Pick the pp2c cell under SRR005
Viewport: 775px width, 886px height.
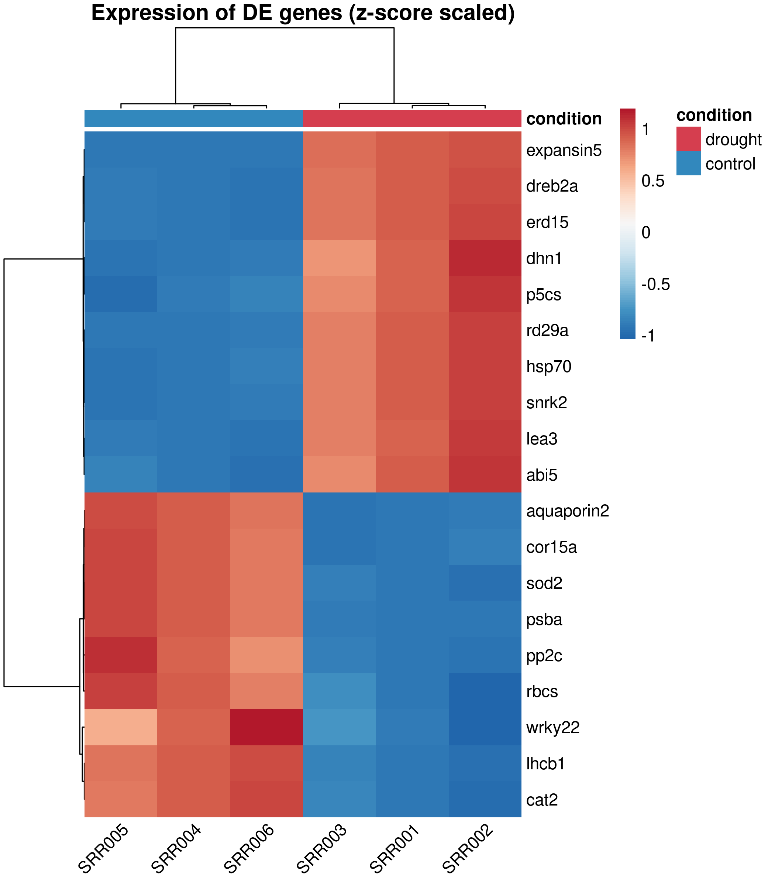(x=121, y=655)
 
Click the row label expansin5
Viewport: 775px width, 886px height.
(x=564, y=151)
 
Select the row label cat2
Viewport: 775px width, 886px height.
(x=542, y=800)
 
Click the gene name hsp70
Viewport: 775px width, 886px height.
(x=549, y=367)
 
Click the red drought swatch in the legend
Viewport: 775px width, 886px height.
(x=688, y=139)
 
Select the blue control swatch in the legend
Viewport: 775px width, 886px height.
(x=688, y=163)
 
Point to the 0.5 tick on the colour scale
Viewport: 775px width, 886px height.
(x=652, y=181)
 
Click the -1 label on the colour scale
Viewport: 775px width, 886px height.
(x=648, y=336)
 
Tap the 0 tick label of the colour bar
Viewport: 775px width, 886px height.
(x=646, y=233)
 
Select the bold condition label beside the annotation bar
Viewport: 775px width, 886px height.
(x=564, y=119)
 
